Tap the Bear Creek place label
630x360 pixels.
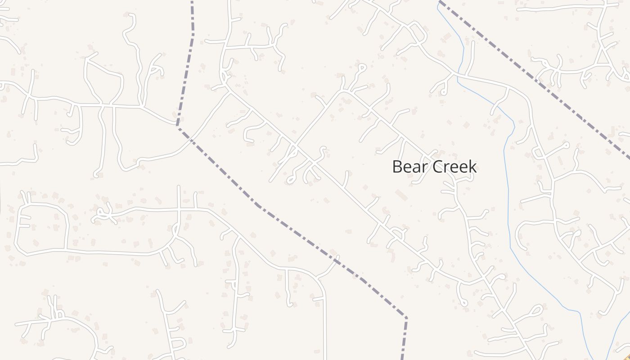(434, 166)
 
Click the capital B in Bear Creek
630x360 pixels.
(397, 166)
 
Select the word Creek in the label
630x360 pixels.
(455, 166)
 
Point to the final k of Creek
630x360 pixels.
(472, 166)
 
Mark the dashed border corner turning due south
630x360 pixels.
(406, 318)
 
